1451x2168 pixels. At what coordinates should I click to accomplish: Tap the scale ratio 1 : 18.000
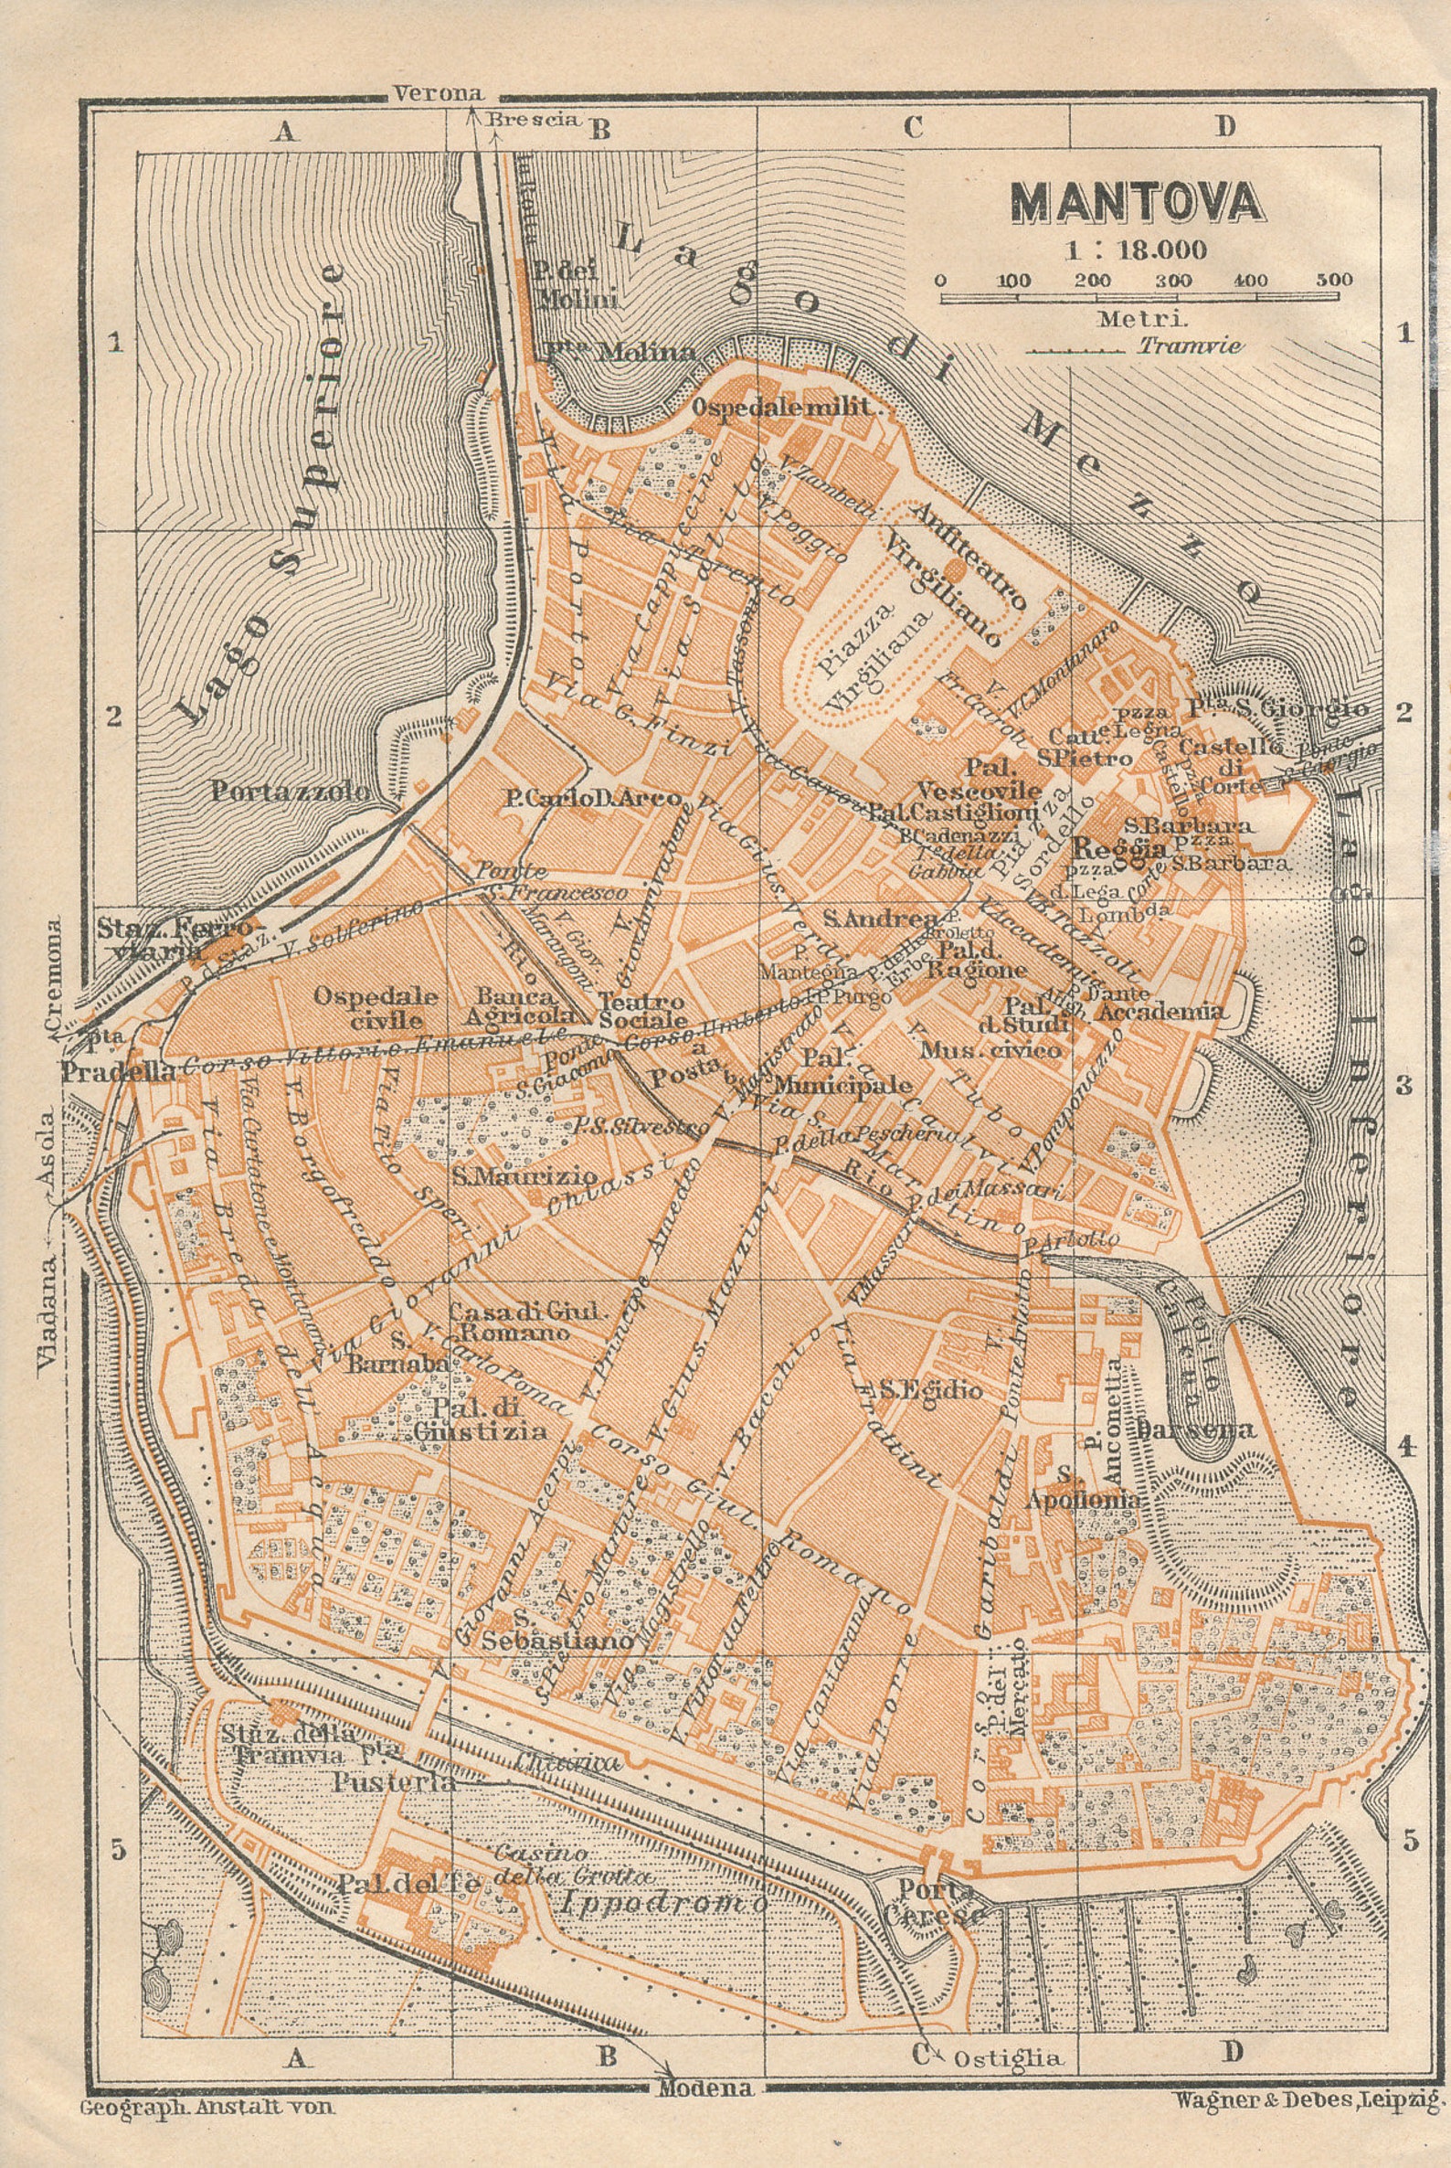tap(1136, 250)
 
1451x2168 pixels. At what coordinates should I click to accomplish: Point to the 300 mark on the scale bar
tap(1173, 280)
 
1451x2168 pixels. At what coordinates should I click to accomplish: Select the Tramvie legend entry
tap(1190, 346)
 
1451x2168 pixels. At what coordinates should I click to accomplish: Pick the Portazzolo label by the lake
tap(291, 792)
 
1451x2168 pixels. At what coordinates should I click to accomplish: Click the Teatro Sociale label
tap(642, 1010)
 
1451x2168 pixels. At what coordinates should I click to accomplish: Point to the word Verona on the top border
tap(439, 93)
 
